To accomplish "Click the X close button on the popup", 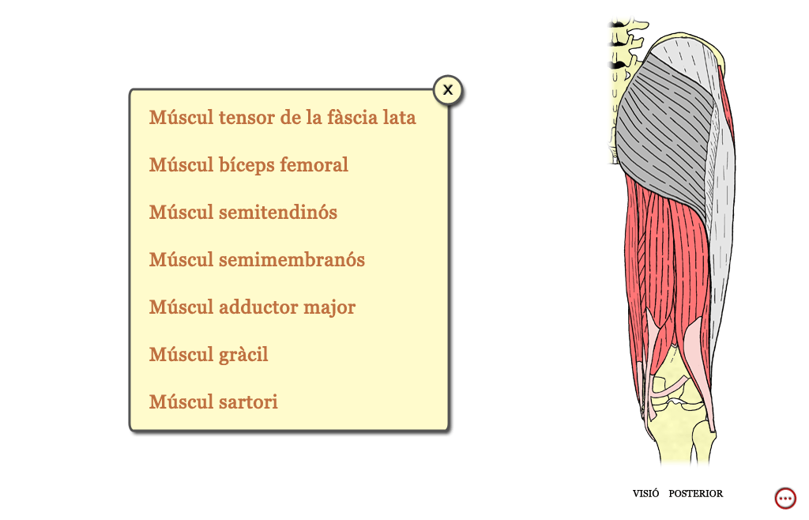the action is [448, 90].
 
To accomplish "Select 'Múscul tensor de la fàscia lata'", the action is [282, 118].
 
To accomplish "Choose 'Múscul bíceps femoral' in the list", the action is [249, 165].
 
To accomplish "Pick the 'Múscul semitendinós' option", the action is [243, 212].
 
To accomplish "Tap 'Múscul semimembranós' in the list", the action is [257, 259].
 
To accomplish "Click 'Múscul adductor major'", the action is [252, 307].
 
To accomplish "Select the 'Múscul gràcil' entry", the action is [209, 354].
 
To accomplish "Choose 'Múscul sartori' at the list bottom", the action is [213, 402].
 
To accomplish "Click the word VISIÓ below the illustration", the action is [645, 493].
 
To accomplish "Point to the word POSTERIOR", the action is [695, 494].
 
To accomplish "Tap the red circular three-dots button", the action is [785, 499].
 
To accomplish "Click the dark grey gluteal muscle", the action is [665, 129].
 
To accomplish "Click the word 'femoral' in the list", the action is [314, 164].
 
